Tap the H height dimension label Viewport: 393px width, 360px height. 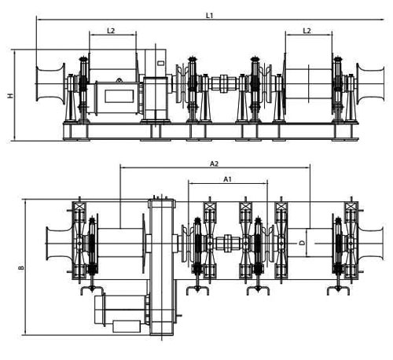click(10, 95)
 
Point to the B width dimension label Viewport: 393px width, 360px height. click(20, 268)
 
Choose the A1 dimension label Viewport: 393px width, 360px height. click(227, 180)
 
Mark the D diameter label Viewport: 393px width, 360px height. click(303, 244)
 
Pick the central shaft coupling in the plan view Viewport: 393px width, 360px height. click(229, 243)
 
